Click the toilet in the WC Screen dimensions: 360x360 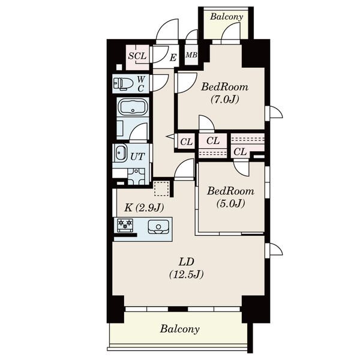click(123, 83)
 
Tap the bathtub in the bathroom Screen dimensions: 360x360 click(133, 107)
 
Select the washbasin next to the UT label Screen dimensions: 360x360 click(120, 152)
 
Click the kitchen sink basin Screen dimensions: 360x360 click(158, 227)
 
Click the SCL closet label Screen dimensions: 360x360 click(137, 56)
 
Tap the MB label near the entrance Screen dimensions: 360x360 click(191, 55)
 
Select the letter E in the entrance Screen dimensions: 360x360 click(173, 58)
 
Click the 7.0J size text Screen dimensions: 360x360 click(225, 99)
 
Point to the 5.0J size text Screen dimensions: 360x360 click(231, 203)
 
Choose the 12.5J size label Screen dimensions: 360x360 click(186, 274)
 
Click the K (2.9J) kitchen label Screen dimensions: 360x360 click(144, 208)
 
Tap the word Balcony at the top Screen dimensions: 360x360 click(226, 17)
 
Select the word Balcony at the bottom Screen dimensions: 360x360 click(180, 329)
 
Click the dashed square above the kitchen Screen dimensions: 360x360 click(161, 188)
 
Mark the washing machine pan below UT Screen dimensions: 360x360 click(136, 176)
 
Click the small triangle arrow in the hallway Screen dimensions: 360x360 click(170, 137)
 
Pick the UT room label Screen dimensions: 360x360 click(137, 157)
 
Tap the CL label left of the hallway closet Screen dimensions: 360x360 click(186, 142)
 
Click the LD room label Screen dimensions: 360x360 click(187, 262)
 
